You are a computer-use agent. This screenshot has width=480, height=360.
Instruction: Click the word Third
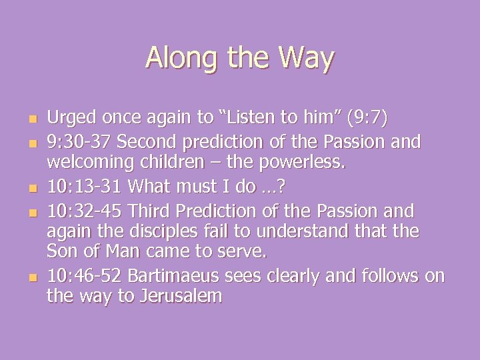coord(152,212)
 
